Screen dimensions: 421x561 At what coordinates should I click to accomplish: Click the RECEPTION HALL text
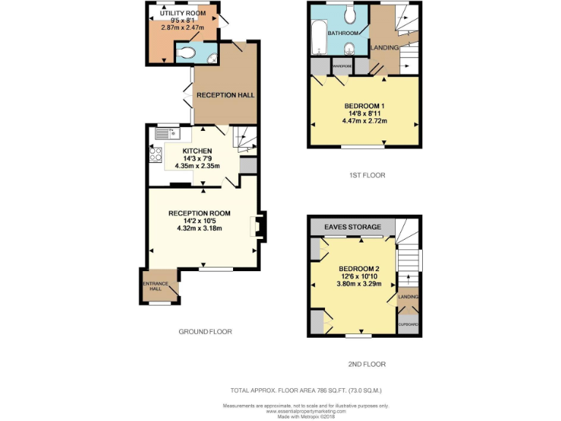point(225,95)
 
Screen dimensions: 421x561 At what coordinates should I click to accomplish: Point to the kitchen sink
point(167,134)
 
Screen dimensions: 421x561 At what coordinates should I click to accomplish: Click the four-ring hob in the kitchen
point(156,154)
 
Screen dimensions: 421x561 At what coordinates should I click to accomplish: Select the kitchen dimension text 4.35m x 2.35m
point(198,166)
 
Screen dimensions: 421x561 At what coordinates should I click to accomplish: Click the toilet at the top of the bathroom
point(349,14)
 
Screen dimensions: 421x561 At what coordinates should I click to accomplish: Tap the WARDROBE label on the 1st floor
point(343,67)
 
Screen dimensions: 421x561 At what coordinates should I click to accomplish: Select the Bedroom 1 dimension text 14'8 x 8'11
point(364,113)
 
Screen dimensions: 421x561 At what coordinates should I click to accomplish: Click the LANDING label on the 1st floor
point(385,48)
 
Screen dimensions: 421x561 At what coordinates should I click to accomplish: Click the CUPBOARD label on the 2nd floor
point(408,324)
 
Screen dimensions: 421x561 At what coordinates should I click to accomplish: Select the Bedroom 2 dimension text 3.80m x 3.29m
point(354,285)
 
